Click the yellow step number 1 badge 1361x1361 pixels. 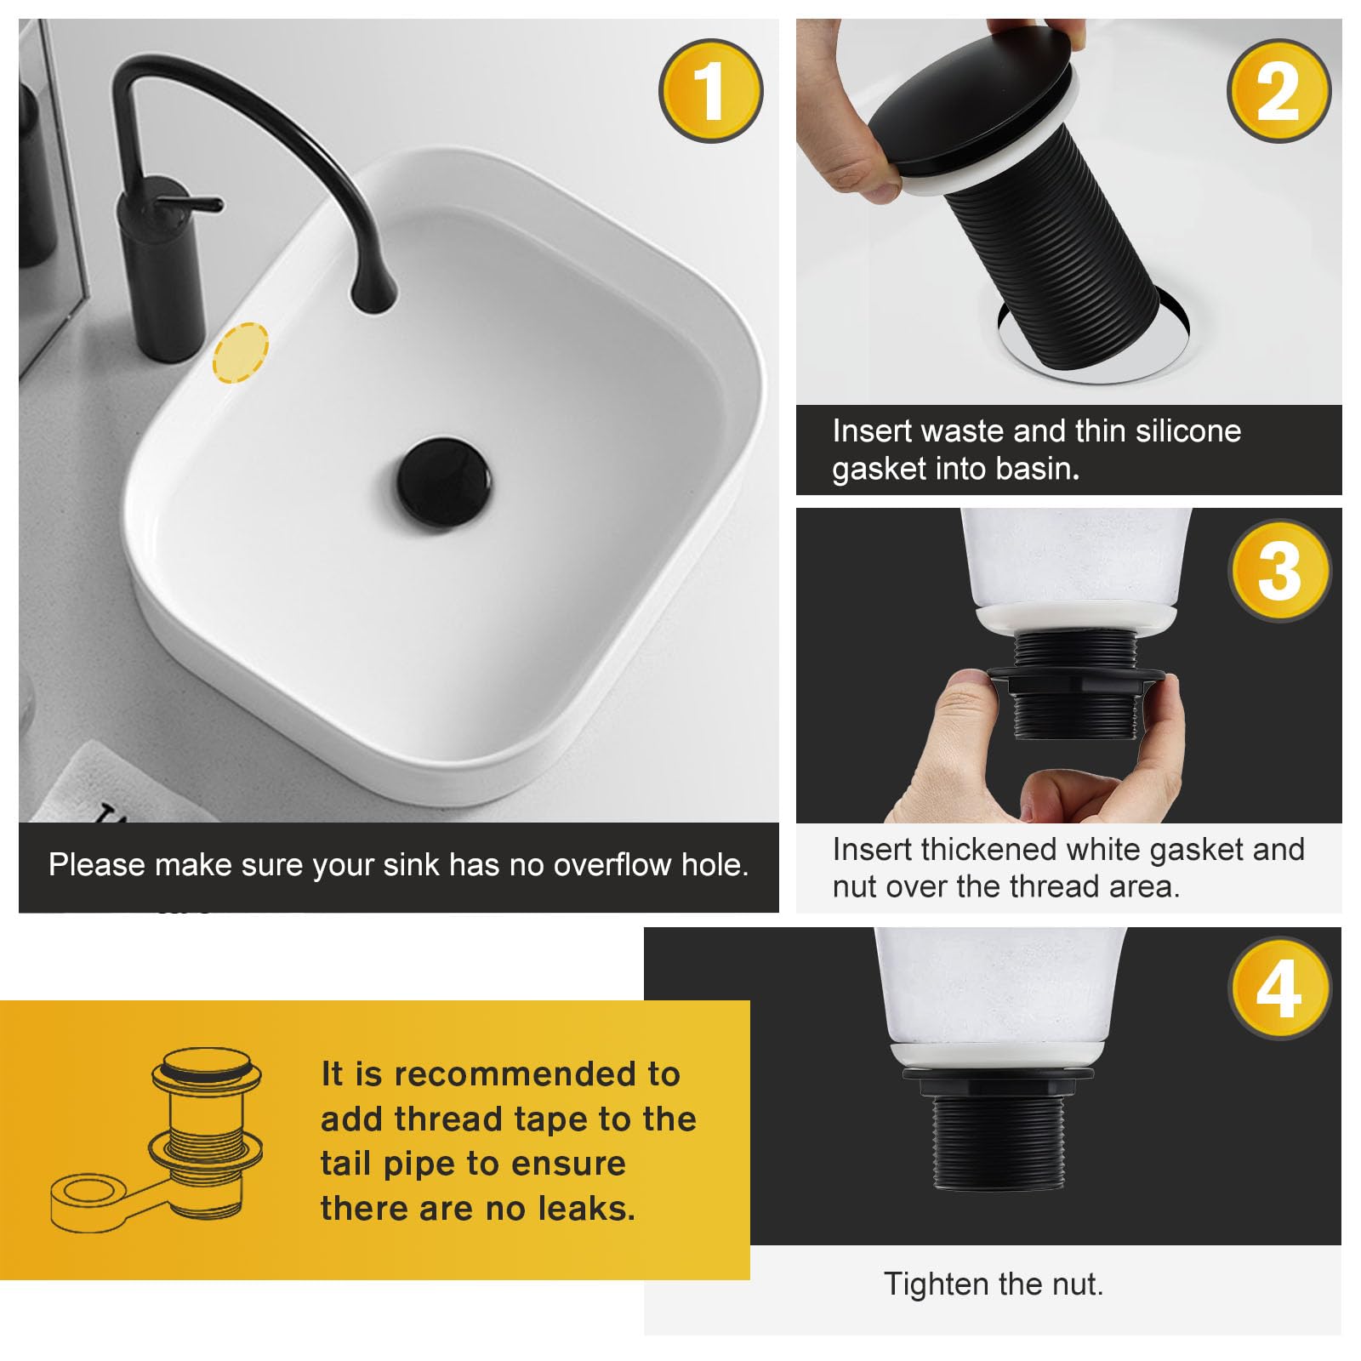pyautogui.click(x=710, y=91)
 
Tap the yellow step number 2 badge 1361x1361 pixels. pyautogui.click(x=1278, y=91)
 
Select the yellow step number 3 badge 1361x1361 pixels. pyautogui.click(x=1279, y=571)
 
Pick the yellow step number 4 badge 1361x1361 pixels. pyautogui.click(x=1279, y=988)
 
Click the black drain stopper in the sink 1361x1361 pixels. pyautogui.click(x=443, y=482)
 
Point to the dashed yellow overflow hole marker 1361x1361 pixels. pyautogui.click(x=241, y=352)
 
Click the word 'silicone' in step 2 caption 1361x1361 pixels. pyautogui.click(x=1188, y=431)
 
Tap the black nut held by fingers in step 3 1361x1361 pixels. pyautogui.click(x=1075, y=681)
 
